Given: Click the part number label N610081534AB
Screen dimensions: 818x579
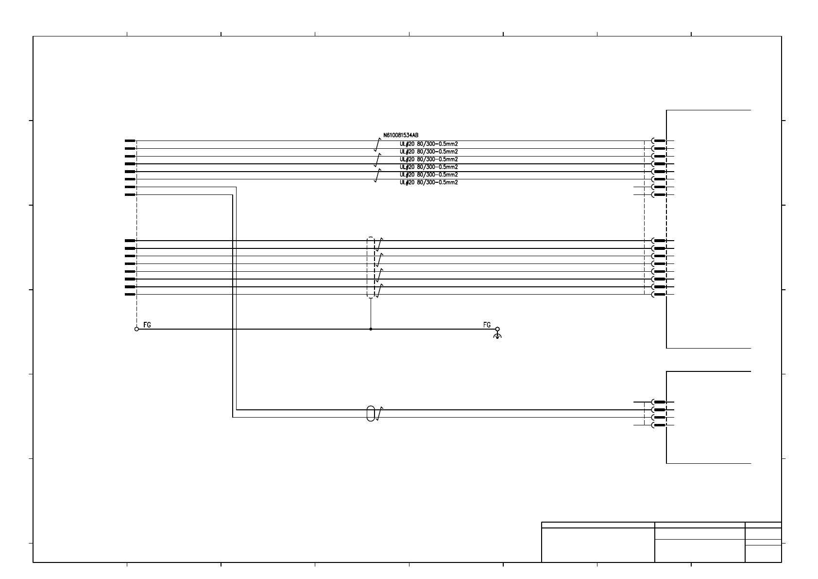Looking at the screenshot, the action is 401,135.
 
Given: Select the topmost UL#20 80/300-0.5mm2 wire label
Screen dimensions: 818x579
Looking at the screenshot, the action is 428,144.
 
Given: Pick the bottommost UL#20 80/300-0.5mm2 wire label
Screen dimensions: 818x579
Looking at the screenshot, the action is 428,182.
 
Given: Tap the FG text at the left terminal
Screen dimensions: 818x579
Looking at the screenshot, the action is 147,325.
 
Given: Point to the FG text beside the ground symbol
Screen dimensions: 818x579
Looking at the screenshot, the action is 487,325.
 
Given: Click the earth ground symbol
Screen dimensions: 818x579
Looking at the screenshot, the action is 497,335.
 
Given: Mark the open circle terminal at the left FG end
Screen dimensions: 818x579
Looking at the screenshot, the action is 136,329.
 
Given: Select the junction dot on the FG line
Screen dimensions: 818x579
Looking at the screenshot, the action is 371,329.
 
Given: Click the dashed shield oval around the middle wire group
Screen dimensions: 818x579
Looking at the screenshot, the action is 371,267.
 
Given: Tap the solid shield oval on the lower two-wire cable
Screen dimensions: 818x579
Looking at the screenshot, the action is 371,413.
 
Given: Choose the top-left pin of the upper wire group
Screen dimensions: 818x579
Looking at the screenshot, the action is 130,141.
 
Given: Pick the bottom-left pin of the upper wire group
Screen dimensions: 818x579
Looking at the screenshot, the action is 130,195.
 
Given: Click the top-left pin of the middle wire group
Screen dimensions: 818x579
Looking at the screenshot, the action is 130,241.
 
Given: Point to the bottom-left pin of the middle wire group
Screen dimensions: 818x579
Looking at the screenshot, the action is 130,295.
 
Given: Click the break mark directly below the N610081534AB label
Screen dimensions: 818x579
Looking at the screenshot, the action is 378,144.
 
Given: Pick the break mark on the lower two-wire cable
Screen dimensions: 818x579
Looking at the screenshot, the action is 379,413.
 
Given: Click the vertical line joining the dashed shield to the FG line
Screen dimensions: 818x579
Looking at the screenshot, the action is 371,314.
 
